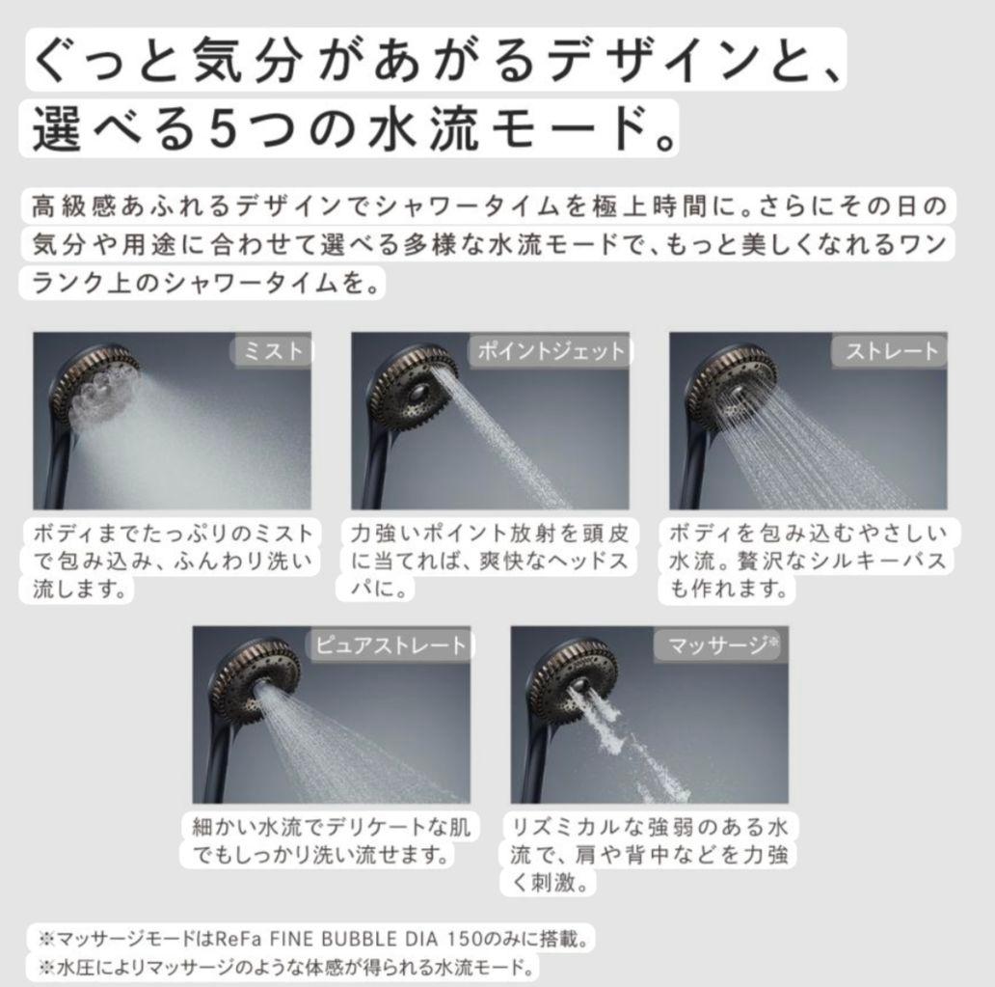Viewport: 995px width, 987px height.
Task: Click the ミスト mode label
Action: [x=275, y=351]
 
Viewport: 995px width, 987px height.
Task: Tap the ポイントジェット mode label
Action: [x=551, y=351]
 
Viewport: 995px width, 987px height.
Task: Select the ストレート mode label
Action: [x=891, y=351]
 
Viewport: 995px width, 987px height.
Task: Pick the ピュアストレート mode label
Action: [x=390, y=644]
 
